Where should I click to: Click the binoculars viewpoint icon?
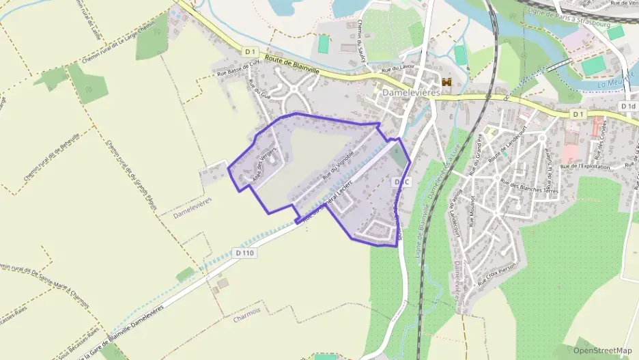(x=447, y=82)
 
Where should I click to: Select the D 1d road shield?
(x=628, y=107)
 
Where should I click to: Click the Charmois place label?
(x=247, y=318)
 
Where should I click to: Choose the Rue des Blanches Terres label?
(x=529, y=186)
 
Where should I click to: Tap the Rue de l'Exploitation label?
(x=588, y=165)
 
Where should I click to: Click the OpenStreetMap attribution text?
(x=602, y=350)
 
